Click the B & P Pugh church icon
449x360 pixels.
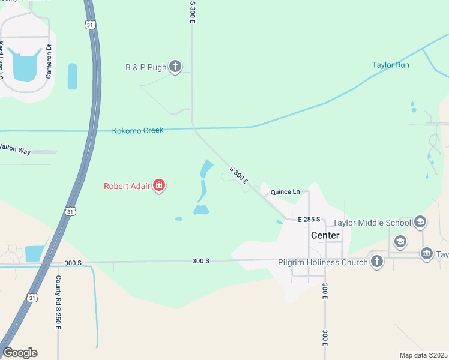tap(175, 66)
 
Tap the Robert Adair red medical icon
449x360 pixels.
tap(159, 185)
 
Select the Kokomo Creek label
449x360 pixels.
tap(137, 130)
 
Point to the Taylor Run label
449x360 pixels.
tap(390, 65)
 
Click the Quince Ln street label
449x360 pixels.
tap(285, 192)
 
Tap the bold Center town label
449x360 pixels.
tap(325, 235)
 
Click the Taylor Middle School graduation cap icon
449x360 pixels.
tap(420, 223)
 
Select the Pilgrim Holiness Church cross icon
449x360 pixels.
tap(376, 262)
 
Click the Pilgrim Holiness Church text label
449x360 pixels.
tap(322, 262)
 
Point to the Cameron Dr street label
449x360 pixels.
tap(50, 63)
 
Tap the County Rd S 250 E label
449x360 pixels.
tap(58, 302)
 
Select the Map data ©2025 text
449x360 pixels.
tap(423, 355)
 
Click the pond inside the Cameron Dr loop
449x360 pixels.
tap(23, 68)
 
